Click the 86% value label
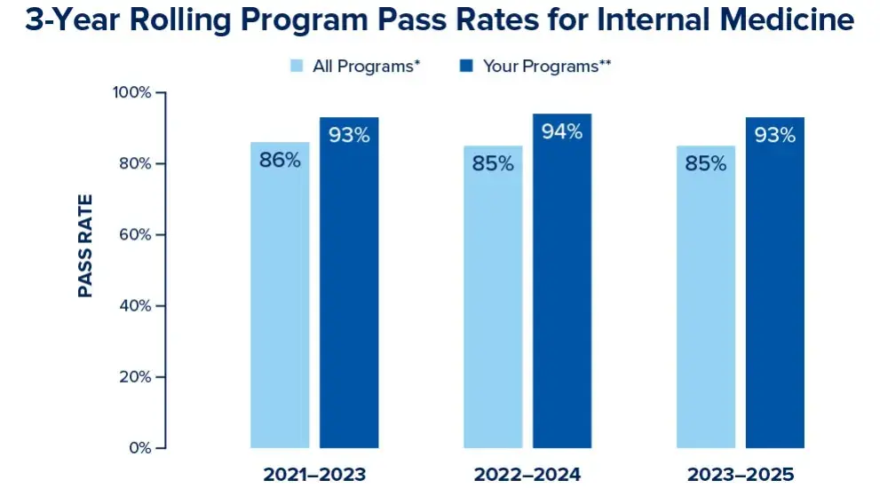pyautogui.click(x=280, y=161)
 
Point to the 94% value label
pyautogui.click(x=562, y=132)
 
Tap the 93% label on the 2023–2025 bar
pyautogui.click(x=775, y=136)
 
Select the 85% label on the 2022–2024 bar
pyautogui.click(x=493, y=164)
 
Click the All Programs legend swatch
pyautogui.click(x=297, y=66)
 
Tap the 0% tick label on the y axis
pyautogui.click(x=139, y=448)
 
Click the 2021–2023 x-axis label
pyautogui.click(x=314, y=474)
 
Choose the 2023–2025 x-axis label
pyautogui.click(x=741, y=474)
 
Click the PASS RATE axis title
pyautogui.click(x=86, y=246)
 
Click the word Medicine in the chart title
pyautogui.click(x=781, y=21)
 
